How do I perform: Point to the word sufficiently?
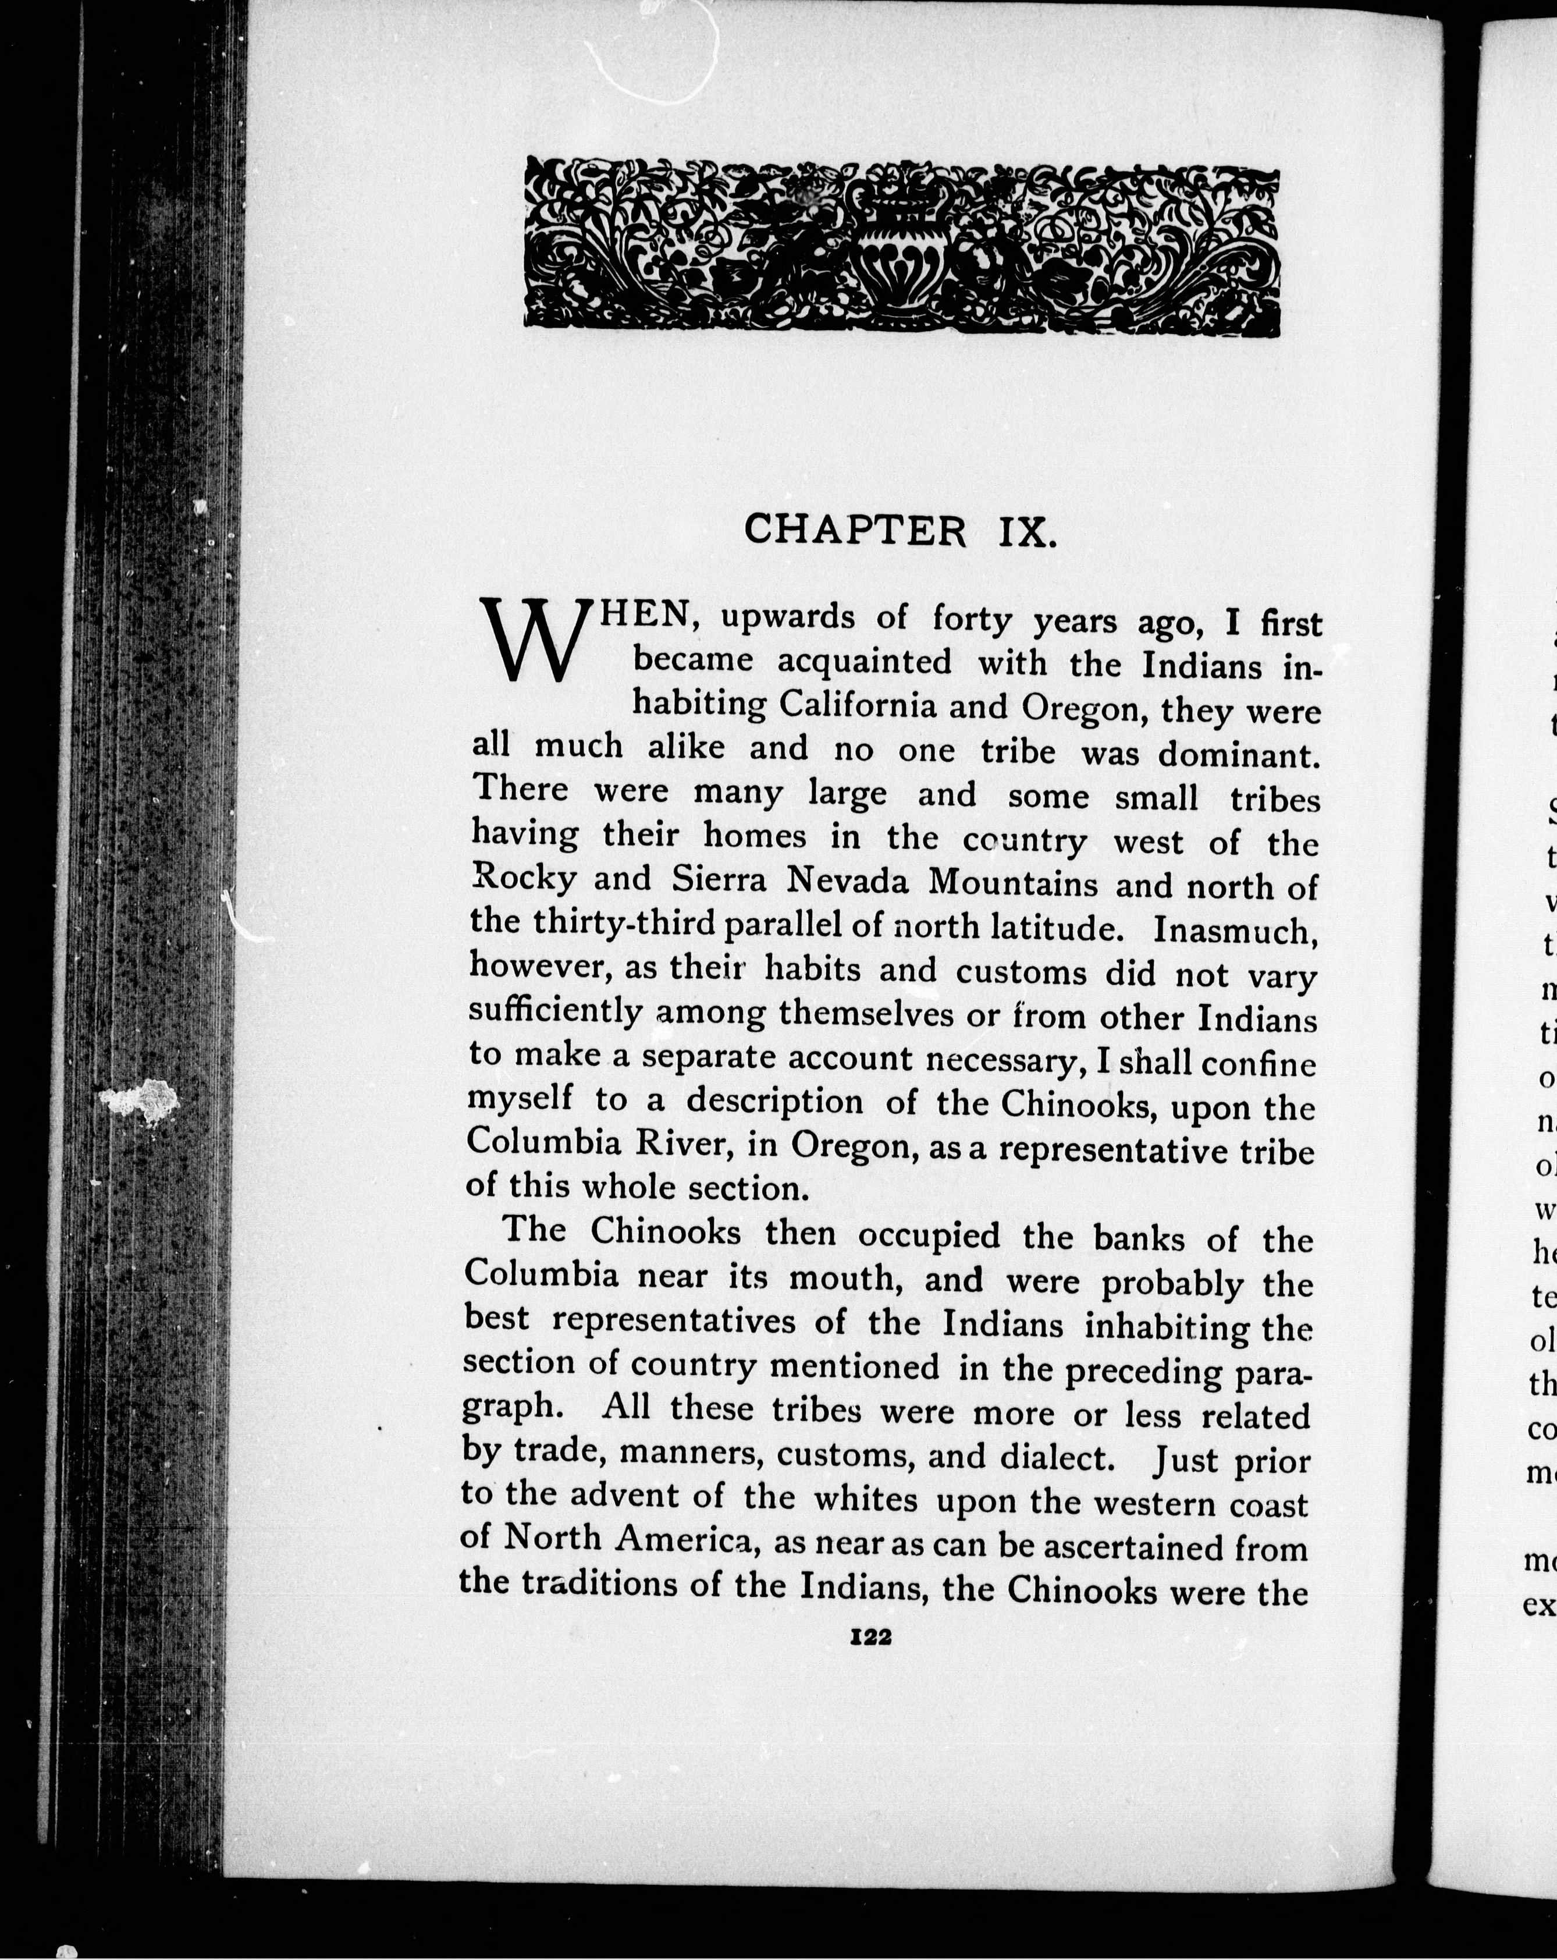[x=555, y=1011]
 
